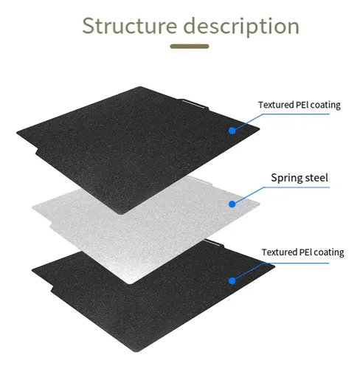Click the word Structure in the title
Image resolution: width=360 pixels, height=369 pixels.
tap(130, 26)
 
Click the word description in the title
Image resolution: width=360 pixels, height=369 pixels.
tap(241, 27)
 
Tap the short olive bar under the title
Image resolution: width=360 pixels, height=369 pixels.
tap(190, 46)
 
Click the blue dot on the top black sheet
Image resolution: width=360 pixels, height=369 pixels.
tap(232, 131)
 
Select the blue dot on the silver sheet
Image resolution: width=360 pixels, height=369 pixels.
tap(232, 204)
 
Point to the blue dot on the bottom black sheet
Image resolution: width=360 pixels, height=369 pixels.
tap(232, 281)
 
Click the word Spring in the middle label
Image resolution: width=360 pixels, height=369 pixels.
tap(285, 178)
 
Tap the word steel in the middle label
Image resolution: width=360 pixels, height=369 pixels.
tap(316, 177)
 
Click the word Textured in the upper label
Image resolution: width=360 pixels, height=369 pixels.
tap(276, 105)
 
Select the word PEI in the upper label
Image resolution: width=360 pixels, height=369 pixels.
tap(302, 105)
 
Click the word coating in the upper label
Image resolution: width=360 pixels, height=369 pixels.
tap(325, 106)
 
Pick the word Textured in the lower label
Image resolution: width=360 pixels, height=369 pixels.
tap(279, 252)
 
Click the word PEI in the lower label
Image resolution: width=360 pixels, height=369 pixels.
tap(305, 252)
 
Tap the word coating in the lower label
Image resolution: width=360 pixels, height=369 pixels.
tap(329, 252)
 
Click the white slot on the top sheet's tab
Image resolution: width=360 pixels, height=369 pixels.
tap(193, 104)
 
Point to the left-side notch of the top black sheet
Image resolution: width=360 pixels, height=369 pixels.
tap(37, 151)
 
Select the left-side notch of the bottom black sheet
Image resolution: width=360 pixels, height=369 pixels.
tap(52, 289)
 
